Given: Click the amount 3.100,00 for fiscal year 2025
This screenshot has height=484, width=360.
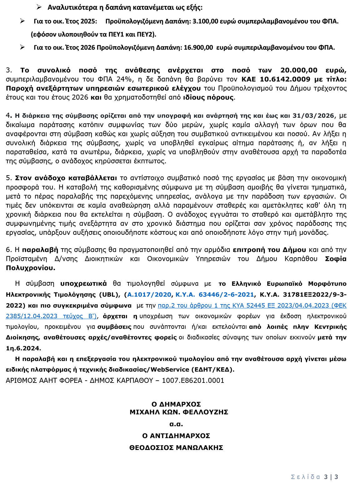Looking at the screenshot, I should [x=205, y=21].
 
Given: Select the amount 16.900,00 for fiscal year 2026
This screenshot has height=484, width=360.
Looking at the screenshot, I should [x=198, y=47].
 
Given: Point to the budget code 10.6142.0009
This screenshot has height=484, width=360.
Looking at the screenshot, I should [x=285, y=79].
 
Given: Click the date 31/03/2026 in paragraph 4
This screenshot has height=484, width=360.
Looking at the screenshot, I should [x=313, y=116].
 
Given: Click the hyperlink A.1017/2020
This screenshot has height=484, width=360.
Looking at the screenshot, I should [x=149, y=294].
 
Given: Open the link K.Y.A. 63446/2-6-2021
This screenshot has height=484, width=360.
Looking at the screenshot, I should [x=215, y=294].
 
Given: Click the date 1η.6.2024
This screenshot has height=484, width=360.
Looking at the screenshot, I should [x=23, y=348].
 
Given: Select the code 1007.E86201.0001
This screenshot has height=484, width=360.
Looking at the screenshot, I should [x=193, y=381].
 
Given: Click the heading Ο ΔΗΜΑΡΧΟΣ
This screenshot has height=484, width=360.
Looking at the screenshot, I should [x=176, y=404].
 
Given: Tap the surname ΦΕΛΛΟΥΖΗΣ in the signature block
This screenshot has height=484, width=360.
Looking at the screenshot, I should [x=205, y=412].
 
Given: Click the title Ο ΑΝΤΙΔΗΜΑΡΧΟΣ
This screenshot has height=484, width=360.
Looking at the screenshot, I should [x=176, y=436].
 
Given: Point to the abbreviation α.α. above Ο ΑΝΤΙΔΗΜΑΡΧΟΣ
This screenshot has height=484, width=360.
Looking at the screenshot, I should [x=176, y=424].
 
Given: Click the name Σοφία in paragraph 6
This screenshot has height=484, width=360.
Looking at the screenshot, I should [x=335, y=259].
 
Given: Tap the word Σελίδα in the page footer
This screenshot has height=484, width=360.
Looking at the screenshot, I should [x=305, y=477].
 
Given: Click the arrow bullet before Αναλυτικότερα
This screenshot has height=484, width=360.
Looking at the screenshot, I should [x=39, y=7].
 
